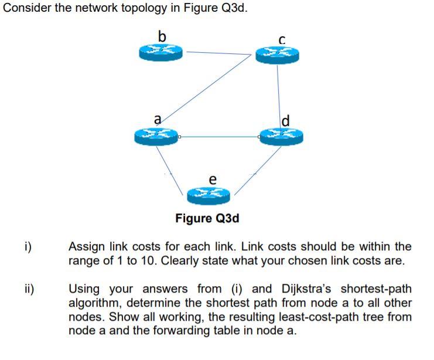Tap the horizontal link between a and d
[x=220, y=137]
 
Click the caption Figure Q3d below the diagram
[x=207, y=219]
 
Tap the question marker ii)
[x=28, y=289]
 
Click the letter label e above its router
[x=212, y=178]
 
